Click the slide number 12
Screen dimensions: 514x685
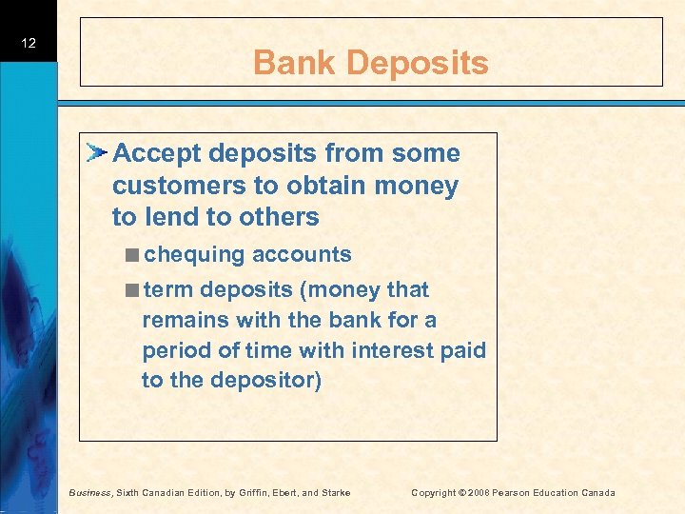(x=29, y=44)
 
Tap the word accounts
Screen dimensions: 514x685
(x=302, y=255)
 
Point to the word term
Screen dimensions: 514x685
(x=168, y=289)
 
